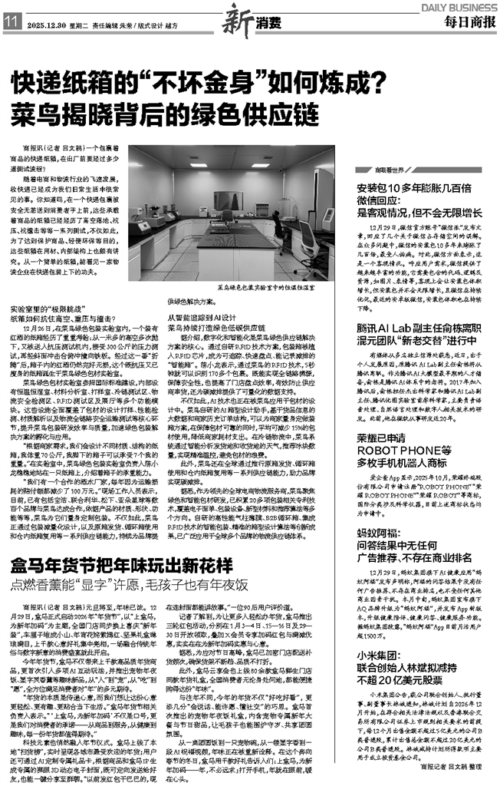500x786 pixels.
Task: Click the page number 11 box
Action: (x=12, y=24)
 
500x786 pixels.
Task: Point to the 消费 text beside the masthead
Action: (x=258, y=18)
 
